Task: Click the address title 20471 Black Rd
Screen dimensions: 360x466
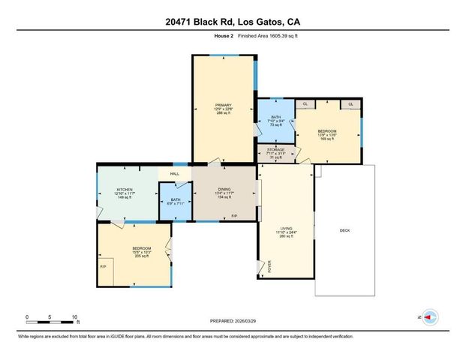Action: [233, 22]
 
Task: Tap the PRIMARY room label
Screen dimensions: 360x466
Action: [224, 105]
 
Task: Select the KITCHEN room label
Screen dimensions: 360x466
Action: [125, 190]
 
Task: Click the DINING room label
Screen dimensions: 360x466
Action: [224, 190]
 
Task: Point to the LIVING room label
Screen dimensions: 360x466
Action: [286, 226]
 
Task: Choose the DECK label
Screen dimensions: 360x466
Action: [344, 230]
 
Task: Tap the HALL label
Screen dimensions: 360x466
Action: [174, 174]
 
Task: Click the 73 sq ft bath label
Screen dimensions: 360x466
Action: [275, 118]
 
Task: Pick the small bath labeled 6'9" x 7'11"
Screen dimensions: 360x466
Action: [175, 200]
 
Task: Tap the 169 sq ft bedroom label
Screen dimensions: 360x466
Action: [328, 131]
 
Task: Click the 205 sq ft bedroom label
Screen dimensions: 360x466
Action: [143, 249]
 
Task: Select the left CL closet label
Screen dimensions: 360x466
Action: [305, 103]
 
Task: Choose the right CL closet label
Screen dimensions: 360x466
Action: [351, 103]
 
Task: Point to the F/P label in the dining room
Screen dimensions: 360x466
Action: [234, 217]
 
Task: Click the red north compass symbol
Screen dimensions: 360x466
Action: [428, 317]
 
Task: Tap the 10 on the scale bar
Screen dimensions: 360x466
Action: [75, 316]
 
